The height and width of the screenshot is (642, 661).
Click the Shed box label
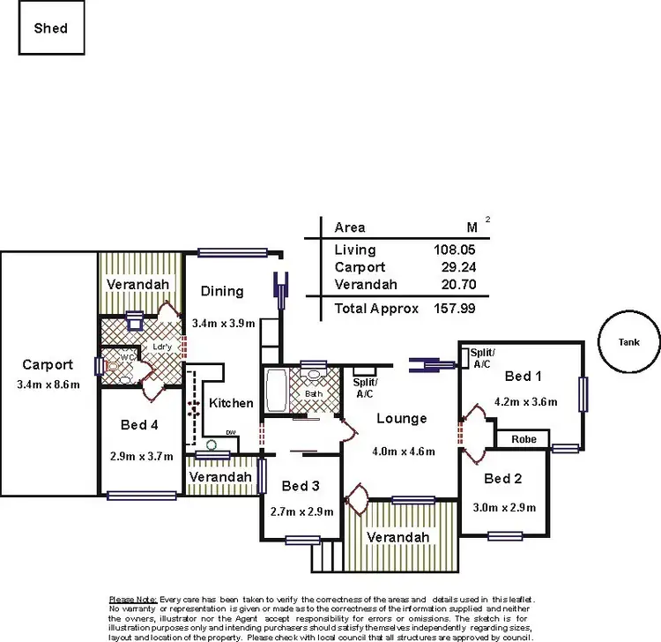pyautogui.click(x=50, y=28)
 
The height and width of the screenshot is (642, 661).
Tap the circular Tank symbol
pyautogui.click(x=628, y=343)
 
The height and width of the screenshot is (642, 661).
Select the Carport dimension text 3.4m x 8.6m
pyautogui.click(x=48, y=384)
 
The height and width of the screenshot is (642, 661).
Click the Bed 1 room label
pyautogui.click(x=523, y=377)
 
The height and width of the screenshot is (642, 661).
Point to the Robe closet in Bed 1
pyautogui.click(x=524, y=438)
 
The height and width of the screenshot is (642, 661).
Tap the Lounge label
pyautogui.click(x=400, y=418)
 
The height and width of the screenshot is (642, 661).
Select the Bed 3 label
pyautogui.click(x=301, y=486)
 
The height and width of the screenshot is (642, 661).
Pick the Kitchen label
pyautogui.click(x=231, y=403)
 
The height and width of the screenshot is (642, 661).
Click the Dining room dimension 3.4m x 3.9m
pyautogui.click(x=223, y=324)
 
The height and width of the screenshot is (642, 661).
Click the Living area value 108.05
pyautogui.click(x=455, y=250)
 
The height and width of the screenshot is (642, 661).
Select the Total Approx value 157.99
pyautogui.click(x=455, y=309)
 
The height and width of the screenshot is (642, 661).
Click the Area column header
pyautogui.click(x=350, y=228)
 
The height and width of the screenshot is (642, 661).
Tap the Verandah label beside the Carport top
pyautogui.click(x=137, y=285)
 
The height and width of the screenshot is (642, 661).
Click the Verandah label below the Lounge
pyautogui.click(x=398, y=537)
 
